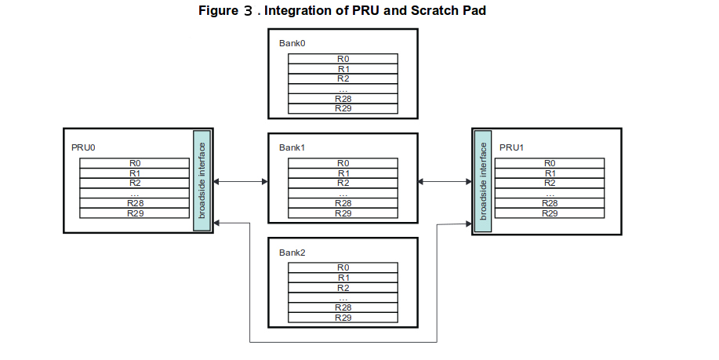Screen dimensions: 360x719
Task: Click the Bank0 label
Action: coord(291,43)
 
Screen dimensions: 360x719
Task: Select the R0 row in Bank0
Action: coord(343,58)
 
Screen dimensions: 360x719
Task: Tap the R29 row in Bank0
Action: coord(343,108)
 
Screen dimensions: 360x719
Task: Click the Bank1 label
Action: coord(292,147)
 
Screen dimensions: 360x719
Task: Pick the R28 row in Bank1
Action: coord(343,203)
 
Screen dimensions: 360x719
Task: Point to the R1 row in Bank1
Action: coord(343,173)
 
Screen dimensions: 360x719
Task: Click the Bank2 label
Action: coord(292,253)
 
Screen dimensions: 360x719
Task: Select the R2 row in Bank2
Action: coord(343,288)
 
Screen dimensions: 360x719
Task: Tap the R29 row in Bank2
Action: coord(343,318)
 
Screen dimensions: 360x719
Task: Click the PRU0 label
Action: coord(83,147)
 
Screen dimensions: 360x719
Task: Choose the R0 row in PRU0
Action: coord(134,163)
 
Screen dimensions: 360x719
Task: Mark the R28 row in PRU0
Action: coord(134,203)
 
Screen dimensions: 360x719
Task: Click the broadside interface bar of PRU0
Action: coord(202,180)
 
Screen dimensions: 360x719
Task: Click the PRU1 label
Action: coord(511,147)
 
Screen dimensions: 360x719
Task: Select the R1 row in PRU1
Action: coord(550,173)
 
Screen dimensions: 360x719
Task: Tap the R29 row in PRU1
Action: coord(550,213)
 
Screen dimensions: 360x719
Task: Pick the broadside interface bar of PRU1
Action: coord(483,180)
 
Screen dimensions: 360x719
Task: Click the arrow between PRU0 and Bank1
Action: coord(241,182)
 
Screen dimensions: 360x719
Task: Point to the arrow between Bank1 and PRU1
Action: coord(445,182)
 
